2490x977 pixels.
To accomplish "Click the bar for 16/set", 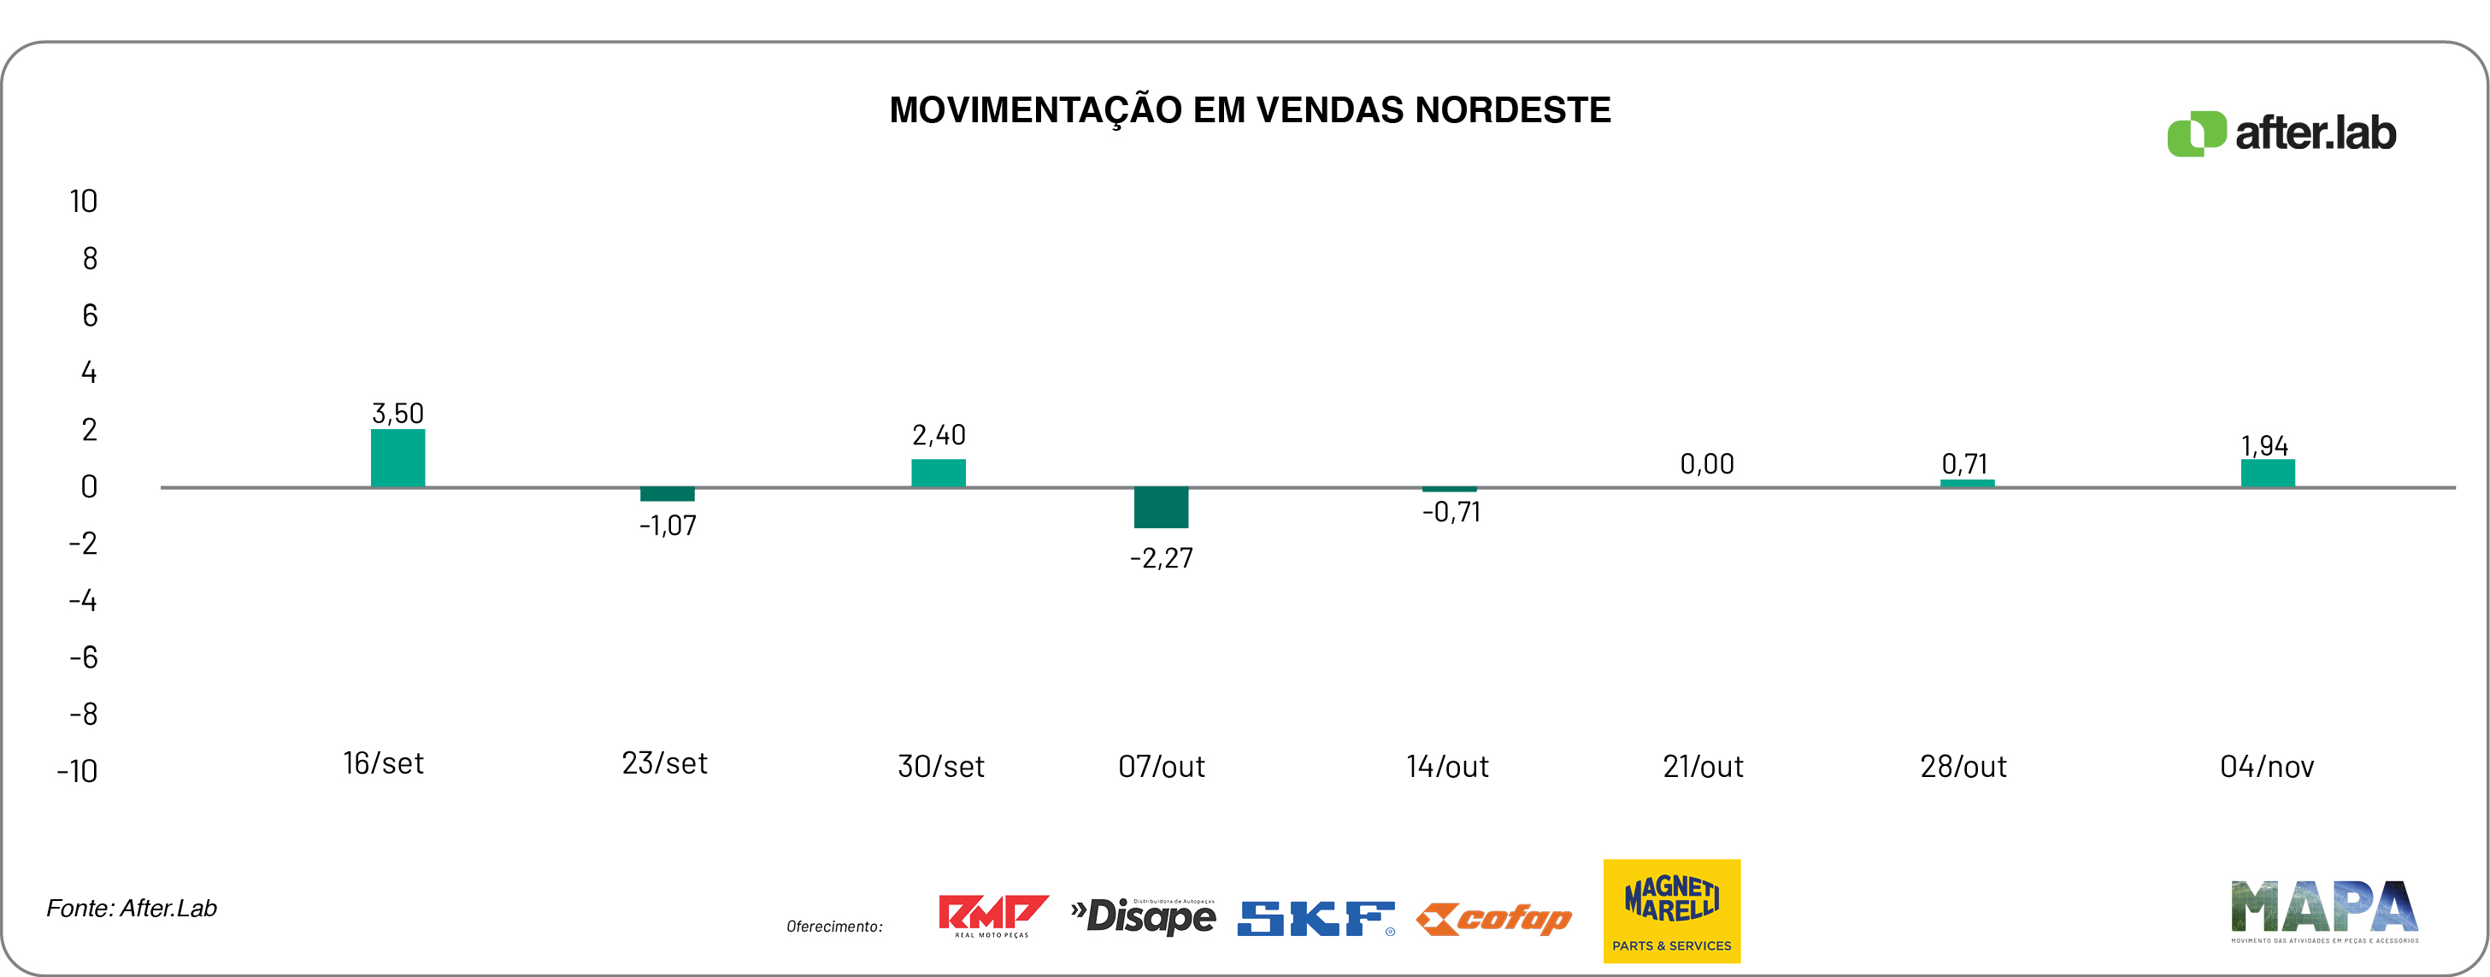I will (397, 458).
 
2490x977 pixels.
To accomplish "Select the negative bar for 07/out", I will (1161, 508).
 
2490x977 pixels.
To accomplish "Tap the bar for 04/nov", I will (2268, 473).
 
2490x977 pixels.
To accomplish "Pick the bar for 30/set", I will (938, 473).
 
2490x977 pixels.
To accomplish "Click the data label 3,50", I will (397, 414).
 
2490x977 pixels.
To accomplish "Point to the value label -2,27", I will (1161, 557).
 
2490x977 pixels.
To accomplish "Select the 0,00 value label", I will (1706, 464).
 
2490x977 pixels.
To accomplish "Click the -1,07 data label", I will (667, 526).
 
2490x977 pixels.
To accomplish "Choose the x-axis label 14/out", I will (1447, 767).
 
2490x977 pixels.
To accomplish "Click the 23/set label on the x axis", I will (664, 763).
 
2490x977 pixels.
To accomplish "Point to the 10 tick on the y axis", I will (83, 201).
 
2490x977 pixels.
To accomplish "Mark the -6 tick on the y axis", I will (83, 658).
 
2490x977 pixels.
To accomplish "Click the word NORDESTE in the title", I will (1513, 110).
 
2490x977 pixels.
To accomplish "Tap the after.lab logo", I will (2281, 133).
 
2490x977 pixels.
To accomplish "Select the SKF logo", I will (1316, 918).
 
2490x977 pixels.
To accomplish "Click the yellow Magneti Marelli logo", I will (1671, 910).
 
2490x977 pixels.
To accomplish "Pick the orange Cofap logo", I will (1493, 918).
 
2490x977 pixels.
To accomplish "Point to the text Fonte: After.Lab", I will (132, 909).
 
